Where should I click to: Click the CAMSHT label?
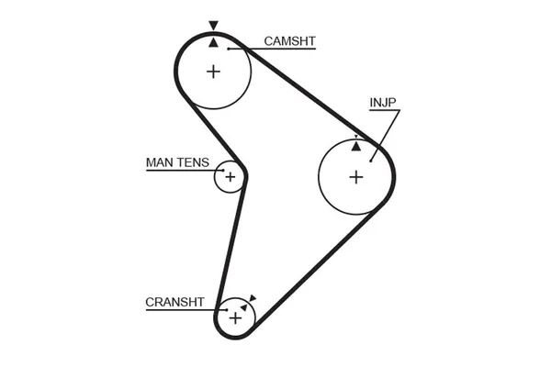289,41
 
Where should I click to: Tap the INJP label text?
383,103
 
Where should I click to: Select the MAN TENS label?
177,162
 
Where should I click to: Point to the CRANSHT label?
174,302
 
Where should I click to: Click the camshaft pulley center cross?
213,72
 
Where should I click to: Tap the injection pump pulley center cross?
356,177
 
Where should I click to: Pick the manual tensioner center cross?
231,177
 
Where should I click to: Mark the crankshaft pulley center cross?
235,318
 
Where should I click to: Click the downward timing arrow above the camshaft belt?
213,26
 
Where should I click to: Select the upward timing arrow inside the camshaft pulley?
213,43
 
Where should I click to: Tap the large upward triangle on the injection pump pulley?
356,147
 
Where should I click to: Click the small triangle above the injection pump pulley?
356,137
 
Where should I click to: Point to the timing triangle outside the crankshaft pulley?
253,298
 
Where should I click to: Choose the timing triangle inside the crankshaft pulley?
244,307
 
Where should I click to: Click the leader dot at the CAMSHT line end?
229,49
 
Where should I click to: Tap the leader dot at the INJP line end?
371,161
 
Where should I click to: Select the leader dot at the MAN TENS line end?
223,171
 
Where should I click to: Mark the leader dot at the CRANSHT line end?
227,310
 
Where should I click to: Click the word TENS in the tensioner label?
193,162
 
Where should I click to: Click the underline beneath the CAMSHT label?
272,49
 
